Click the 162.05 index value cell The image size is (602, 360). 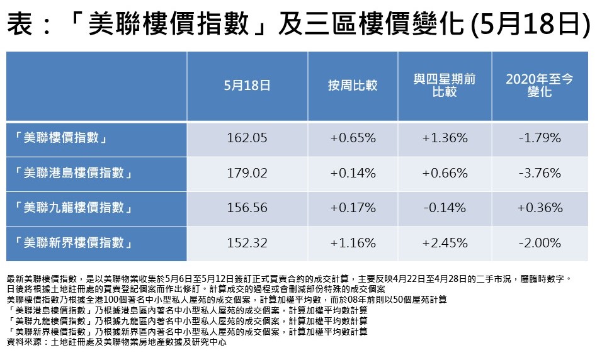click(x=246, y=137)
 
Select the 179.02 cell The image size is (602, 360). click(x=246, y=172)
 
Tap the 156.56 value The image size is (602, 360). click(x=246, y=208)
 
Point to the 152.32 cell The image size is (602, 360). click(x=246, y=243)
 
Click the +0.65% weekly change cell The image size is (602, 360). click(x=353, y=137)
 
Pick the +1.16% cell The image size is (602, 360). click(x=353, y=243)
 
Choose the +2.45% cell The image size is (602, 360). click(x=445, y=243)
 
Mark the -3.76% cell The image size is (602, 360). click(x=539, y=172)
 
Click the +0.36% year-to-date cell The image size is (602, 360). click(x=539, y=208)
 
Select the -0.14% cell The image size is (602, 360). click(x=445, y=208)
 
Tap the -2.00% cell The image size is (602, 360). click(x=539, y=243)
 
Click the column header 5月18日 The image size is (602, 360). click(x=246, y=85)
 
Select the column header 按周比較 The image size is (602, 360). click(x=353, y=85)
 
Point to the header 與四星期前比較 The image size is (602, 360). click(x=445, y=85)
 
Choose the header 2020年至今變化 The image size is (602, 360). click(x=539, y=85)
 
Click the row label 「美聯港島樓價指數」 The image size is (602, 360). click(x=74, y=172)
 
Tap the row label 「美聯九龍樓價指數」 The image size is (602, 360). click(x=74, y=208)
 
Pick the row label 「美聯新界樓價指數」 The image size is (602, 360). click(x=74, y=243)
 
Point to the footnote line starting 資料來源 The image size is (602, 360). click(x=116, y=342)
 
